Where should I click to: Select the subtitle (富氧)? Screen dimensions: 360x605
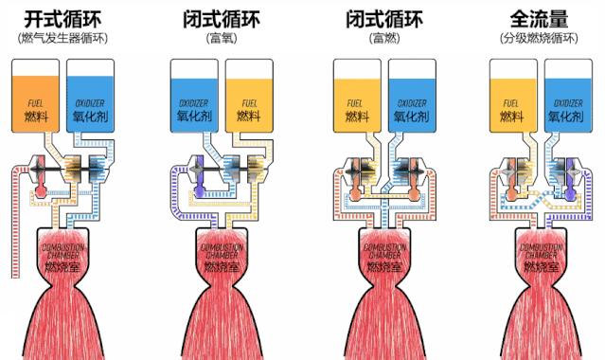(221, 39)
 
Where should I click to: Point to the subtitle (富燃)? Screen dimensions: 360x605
(383, 39)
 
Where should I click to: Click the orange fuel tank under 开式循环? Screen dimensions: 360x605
(34, 95)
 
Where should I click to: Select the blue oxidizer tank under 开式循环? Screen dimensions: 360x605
(92, 95)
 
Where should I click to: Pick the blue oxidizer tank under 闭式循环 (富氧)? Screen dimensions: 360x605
(194, 95)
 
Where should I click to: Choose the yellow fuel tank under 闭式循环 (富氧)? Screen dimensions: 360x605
(249, 95)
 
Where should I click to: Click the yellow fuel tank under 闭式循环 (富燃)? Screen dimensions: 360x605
(358, 95)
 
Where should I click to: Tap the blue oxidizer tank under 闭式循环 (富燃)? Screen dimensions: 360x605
(411, 95)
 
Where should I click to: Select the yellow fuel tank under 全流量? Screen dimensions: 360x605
(513, 95)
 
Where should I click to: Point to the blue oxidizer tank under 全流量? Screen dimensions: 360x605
(568, 95)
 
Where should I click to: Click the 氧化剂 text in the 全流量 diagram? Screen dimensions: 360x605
(568, 117)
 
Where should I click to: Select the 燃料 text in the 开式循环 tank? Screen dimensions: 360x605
(35, 117)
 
